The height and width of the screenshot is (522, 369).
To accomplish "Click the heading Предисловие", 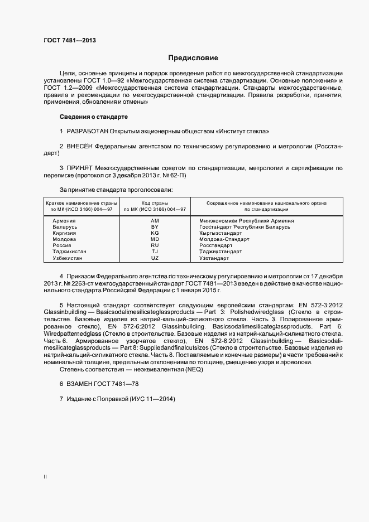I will (x=193, y=58).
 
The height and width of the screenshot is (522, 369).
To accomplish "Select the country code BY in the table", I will (x=155, y=227).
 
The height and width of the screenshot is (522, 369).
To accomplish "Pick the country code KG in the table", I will (x=155, y=233).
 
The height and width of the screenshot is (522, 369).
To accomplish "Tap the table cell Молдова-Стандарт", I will (x=224, y=239).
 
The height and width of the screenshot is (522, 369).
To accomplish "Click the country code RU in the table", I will (x=155, y=245).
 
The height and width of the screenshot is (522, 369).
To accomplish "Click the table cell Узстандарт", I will (x=214, y=258).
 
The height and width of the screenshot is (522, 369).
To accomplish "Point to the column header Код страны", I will (x=155, y=202).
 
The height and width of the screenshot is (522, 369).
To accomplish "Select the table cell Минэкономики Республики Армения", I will (x=246, y=221).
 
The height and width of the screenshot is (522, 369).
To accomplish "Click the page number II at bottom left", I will (x=45, y=477).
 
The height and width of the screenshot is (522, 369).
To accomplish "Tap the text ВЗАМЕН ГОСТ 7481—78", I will (x=100, y=385).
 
